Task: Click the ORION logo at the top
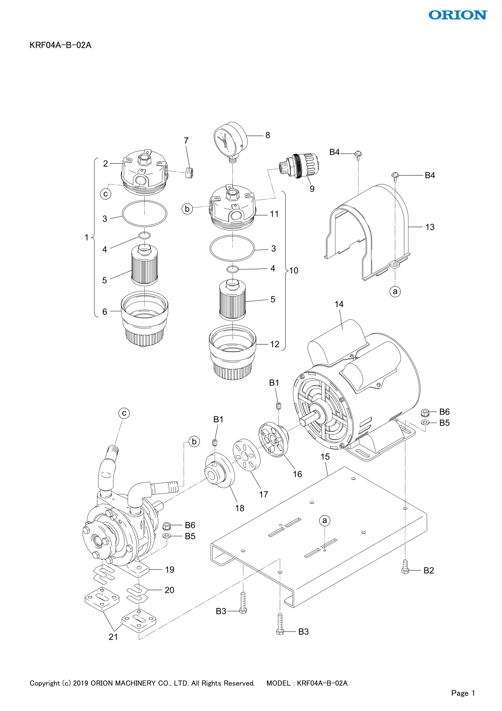458,15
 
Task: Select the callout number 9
312,189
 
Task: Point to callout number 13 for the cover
430,227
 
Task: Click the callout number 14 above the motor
339,304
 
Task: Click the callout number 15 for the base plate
325,457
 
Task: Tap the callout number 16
297,474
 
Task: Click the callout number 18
240,508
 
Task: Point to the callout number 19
170,570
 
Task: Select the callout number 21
113,637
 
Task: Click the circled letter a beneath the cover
395,291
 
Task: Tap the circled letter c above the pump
124,413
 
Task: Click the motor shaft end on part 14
304,423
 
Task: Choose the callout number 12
275,344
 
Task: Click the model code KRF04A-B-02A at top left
60,45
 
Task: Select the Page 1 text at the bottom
463,693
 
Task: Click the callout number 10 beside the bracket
294,271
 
